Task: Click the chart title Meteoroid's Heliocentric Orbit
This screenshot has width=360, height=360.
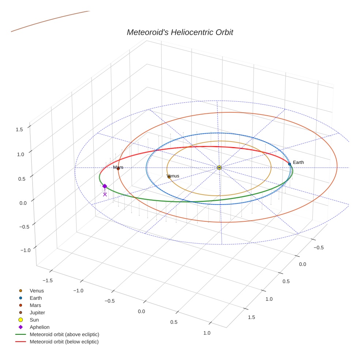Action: [x=180, y=32]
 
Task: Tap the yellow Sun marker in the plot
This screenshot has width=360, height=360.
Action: [x=219, y=168]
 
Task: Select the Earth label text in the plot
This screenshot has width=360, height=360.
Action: [x=298, y=162]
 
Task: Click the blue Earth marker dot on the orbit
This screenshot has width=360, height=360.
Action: [x=289, y=164]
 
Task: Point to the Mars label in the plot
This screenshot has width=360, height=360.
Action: [x=118, y=167]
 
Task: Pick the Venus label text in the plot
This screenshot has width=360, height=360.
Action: [x=173, y=176]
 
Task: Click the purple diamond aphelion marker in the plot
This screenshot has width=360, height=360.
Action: [x=105, y=186]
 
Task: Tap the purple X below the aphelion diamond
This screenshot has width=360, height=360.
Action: [x=105, y=194]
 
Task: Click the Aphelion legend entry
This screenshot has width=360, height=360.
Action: [x=39, y=327]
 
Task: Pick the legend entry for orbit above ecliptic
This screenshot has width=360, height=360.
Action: [x=64, y=334]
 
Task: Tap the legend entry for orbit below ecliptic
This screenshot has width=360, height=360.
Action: [x=64, y=342]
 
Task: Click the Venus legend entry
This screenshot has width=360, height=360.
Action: [x=37, y=290]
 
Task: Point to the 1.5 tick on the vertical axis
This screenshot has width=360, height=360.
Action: [x=19, y=130]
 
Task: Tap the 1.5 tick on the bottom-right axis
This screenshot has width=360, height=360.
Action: [x=251, y=317]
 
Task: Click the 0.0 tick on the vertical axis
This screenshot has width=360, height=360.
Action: [x=23, y=203]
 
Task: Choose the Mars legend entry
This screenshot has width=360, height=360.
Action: [x=35, y=305]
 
